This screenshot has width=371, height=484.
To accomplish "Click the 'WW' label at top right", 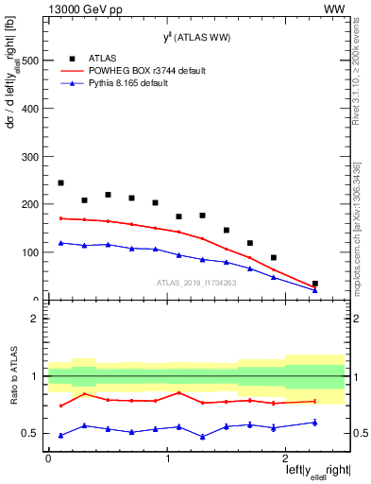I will pyautogui.click(x=334, y=8).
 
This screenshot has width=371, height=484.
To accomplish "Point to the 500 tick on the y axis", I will pyautogui.click(x=29, y=60).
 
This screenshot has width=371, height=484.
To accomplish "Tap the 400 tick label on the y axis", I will pyautogui.click(x=29, y=109).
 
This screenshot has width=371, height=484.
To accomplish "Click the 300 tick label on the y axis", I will pyautogui.click(x=29, y=157).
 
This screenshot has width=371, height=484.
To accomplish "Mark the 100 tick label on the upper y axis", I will pyautogui.click(x=29, y=252).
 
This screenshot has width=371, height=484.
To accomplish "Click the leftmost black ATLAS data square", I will pyautogui.click(x=61, y=183).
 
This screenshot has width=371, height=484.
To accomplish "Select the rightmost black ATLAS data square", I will pyautogui.click(x=315, y=284).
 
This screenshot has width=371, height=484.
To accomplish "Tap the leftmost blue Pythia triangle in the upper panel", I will pyautogui.click(x=61, y=243).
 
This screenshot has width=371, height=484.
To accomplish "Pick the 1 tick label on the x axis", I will pyautogui.click(x=167, y=458).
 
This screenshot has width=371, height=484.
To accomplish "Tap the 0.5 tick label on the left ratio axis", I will pyautogui.click(x=30, y=433).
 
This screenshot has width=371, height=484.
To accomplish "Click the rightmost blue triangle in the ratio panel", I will pyautogui.click(x=315, y=423).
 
